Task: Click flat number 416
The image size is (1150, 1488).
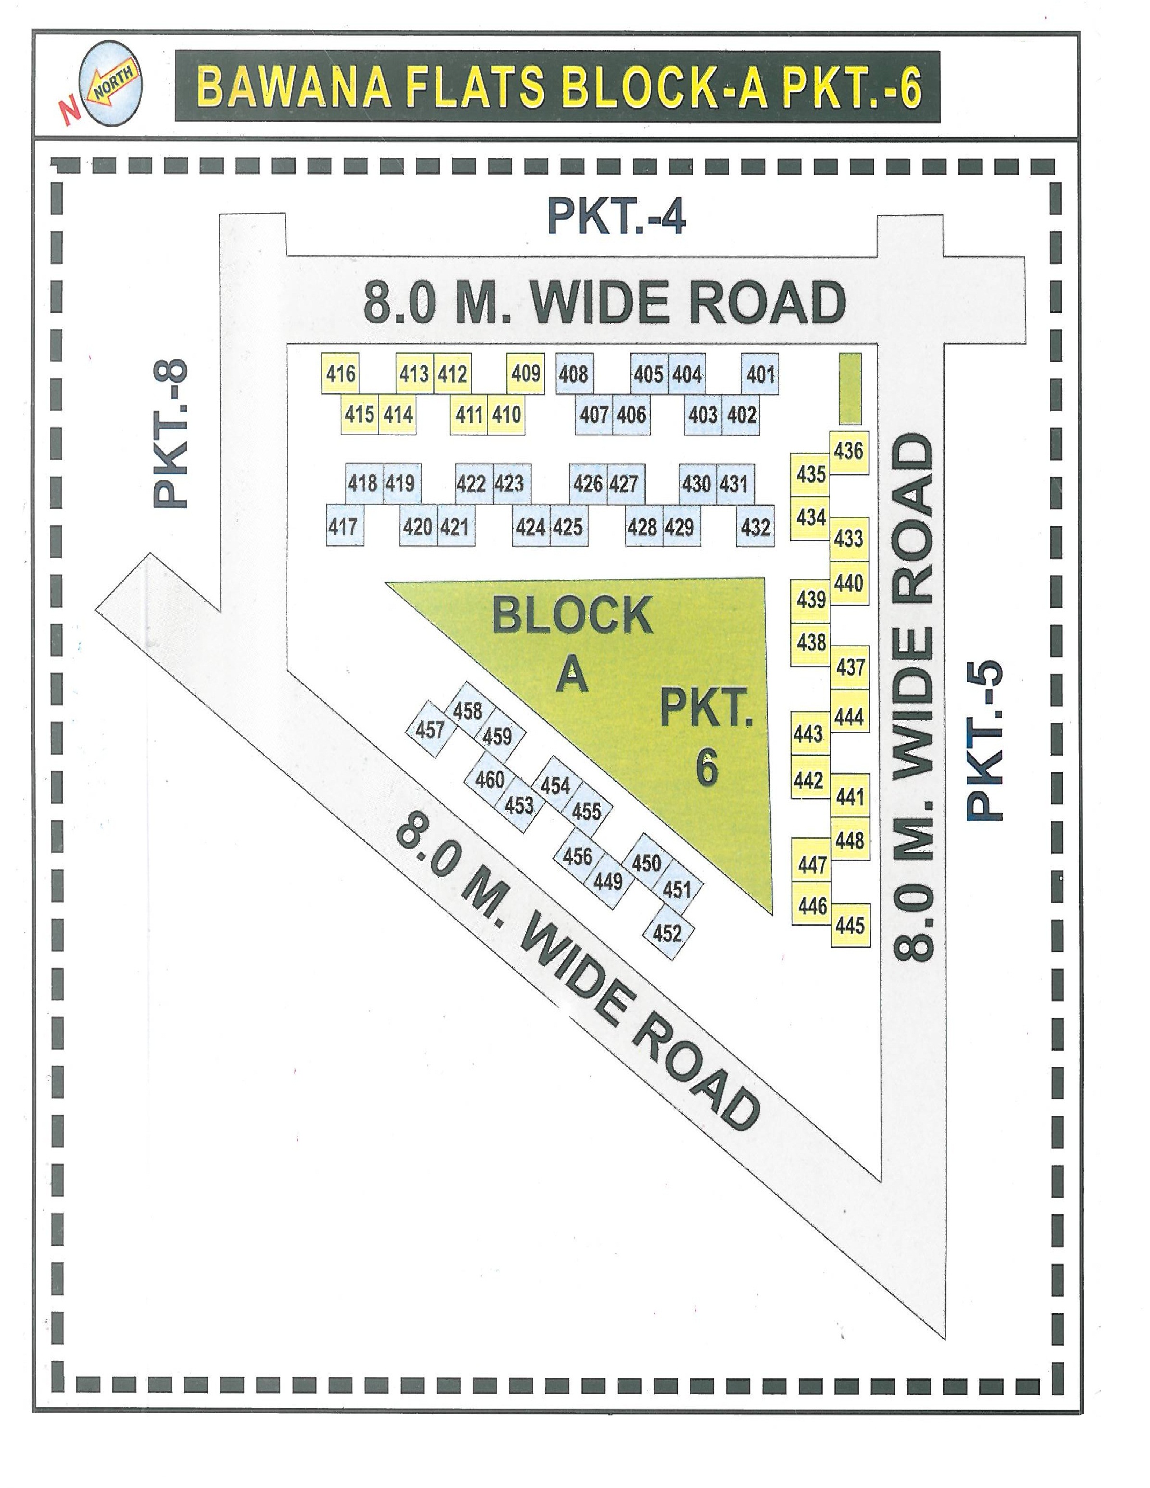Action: tap(340, 373)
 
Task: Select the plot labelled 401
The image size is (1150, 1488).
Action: tap(759, 373)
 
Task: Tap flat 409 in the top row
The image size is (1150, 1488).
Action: tap(525, 373)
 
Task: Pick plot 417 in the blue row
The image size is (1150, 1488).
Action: tap(343, 526)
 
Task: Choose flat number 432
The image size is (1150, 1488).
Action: tap(755, 526)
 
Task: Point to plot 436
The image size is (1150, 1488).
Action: tap(848, 451)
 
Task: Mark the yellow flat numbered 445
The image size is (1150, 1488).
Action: tap(850, 925)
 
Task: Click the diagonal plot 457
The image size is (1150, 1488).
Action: tap(430, 730)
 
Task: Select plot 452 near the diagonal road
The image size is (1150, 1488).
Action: tap(667, 932)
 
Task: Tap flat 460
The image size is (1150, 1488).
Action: tap(489, 779)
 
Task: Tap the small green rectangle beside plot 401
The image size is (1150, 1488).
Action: tap(850, 388)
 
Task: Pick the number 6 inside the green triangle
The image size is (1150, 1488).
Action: tap(707, 767)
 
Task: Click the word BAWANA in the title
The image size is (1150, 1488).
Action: tap(294, 87)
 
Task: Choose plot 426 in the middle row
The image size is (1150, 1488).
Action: tap(587, 484)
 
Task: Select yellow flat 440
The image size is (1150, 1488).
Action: tap(848, 583)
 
